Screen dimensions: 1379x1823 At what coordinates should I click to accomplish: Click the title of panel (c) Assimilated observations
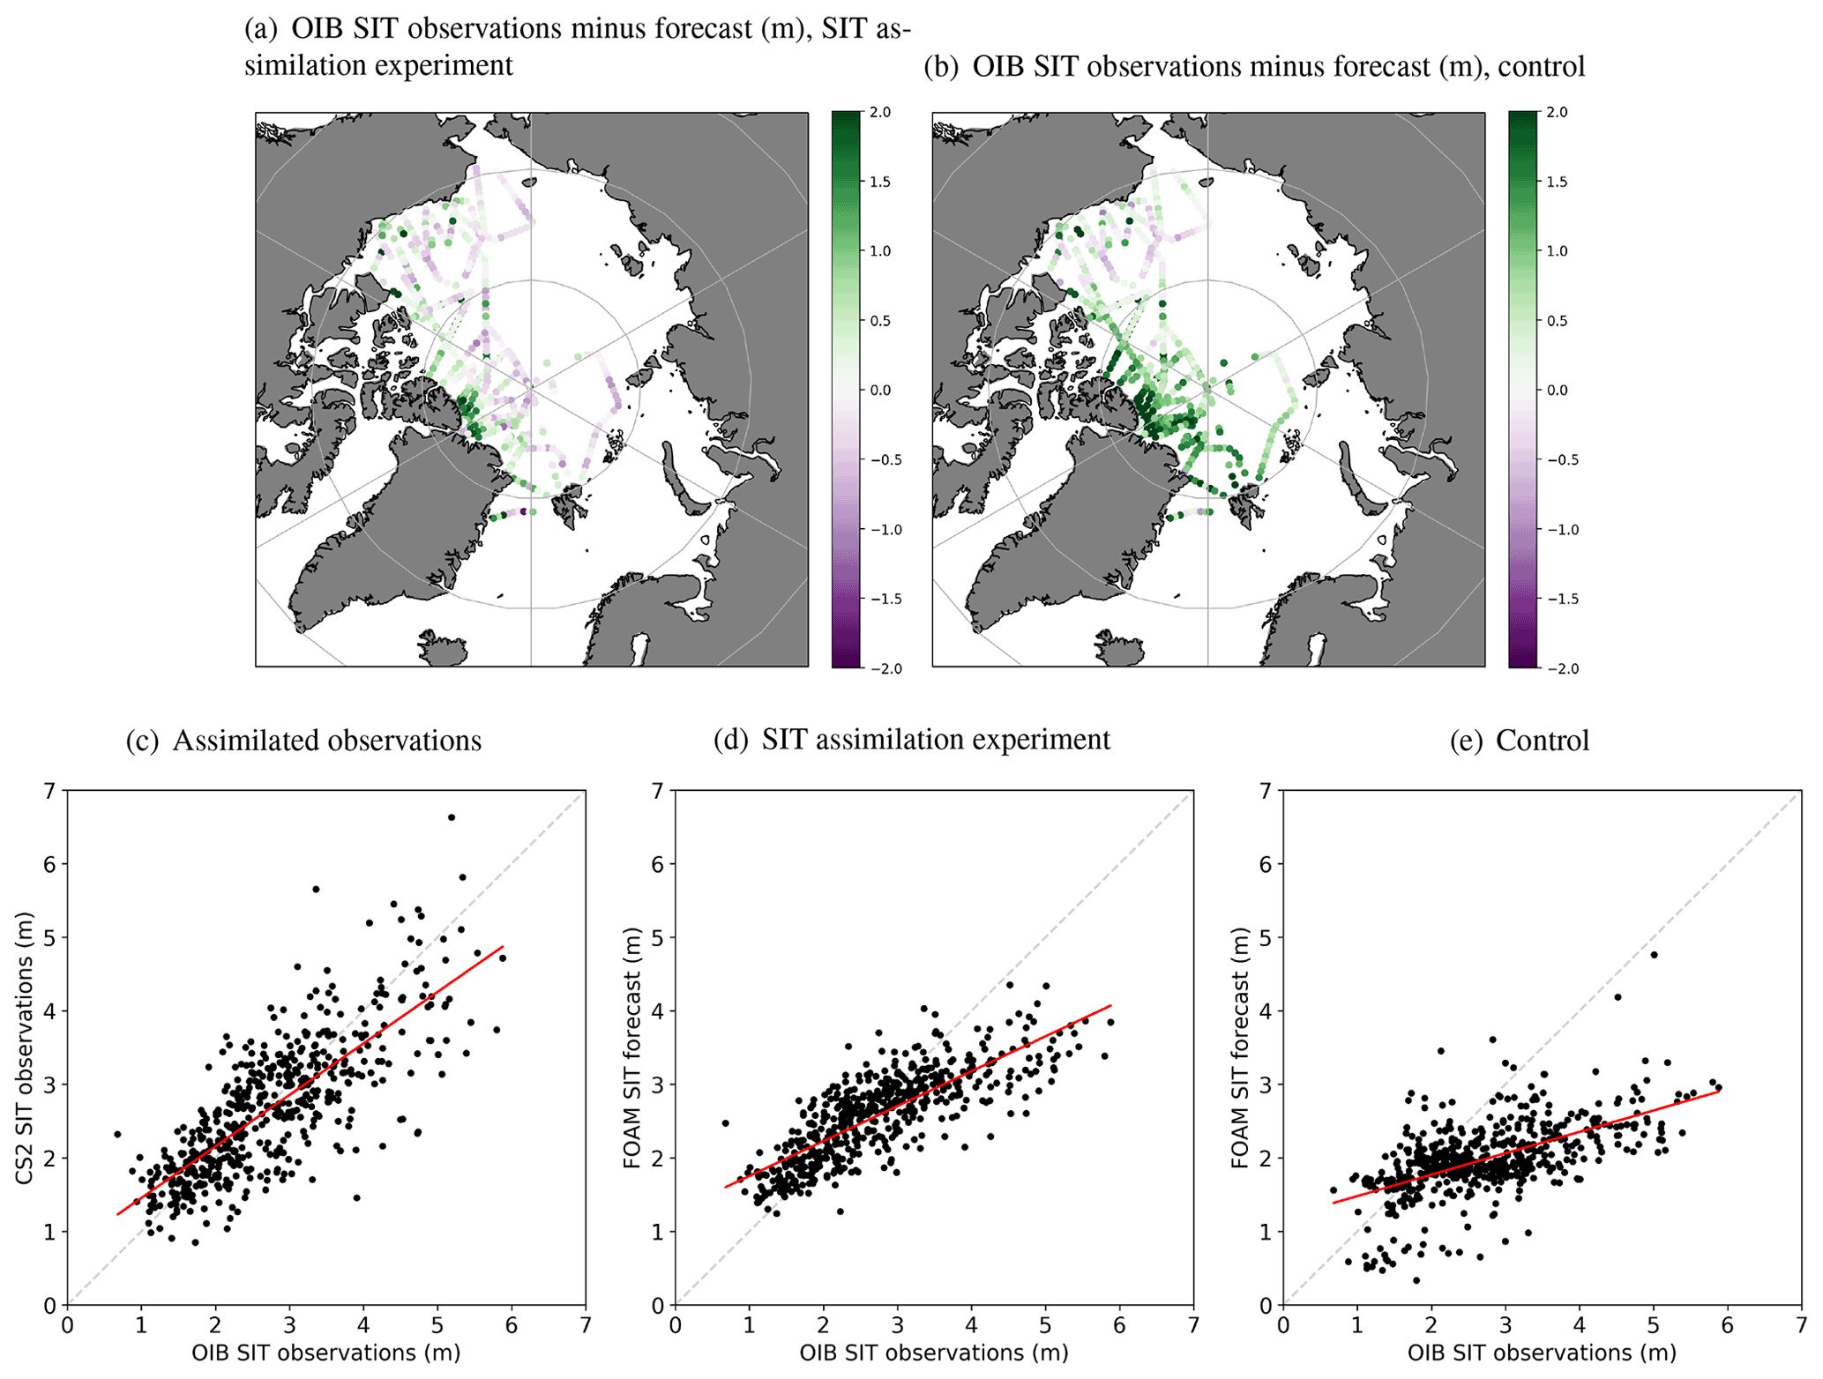[x=303, y=741]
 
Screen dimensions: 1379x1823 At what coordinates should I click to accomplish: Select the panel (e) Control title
[x=1520, y=741]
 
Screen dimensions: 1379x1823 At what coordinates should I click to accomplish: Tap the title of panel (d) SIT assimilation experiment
[x=912, y=739]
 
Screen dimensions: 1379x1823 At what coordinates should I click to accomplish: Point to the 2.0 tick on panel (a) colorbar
[x=880, y=112]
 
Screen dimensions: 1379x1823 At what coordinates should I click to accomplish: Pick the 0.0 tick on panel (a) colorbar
[x=880, y=390]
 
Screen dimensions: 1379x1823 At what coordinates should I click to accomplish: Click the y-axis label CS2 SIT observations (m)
[x=24, y=1047]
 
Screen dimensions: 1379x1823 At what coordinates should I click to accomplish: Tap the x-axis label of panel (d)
[x=934, y=1353]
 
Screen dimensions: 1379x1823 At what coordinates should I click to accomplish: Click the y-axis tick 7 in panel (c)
[x=50, y=791]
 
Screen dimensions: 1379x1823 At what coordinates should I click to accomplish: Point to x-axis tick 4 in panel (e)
[x=1579, y=1325]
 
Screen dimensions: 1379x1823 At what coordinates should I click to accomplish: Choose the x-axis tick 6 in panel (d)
[x=1119, y=1325]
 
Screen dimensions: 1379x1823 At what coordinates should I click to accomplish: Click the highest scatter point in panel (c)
[x=452, y=817]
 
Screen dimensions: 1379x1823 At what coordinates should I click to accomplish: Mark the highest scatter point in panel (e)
[x=1654, y=954]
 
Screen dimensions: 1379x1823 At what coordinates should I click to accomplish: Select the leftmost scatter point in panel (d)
[x=725, y=1122]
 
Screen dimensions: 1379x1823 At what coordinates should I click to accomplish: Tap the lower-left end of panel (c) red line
[x=117, y=1215]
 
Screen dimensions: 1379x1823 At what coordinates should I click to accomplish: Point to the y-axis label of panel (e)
[x=1240, y=1047]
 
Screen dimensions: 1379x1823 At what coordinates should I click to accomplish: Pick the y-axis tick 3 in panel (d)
[x=658, y=1085]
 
